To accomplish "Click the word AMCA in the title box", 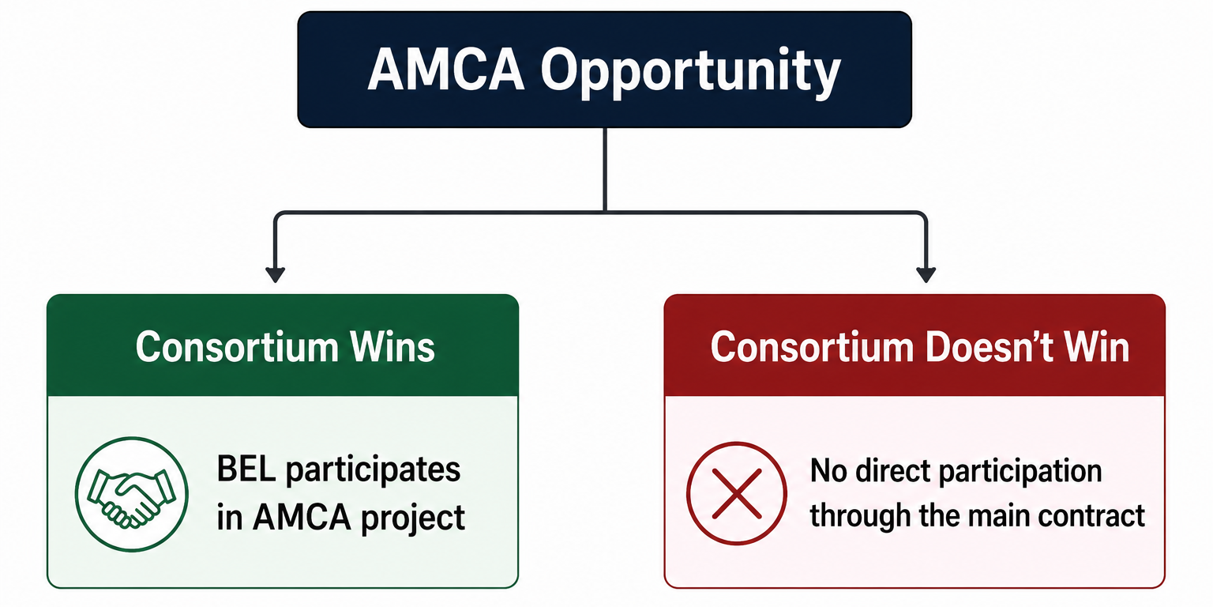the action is (446, 70).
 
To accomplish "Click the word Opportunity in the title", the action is (690, 74).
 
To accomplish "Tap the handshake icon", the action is (132, 494).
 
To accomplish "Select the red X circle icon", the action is (737, 493).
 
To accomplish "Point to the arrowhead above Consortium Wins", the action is (276, 274).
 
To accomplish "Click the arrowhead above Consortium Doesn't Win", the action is (926, 274).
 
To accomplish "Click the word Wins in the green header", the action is (392, 347).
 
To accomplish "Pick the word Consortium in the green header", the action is (237, 347).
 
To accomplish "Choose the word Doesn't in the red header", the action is (989, 347).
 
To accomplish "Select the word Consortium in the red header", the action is (813, 347).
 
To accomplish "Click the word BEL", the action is (246, 469).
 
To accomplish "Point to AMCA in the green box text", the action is (302, 517).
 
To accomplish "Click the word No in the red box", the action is (828, 471).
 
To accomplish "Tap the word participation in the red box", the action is (1020, 473).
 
